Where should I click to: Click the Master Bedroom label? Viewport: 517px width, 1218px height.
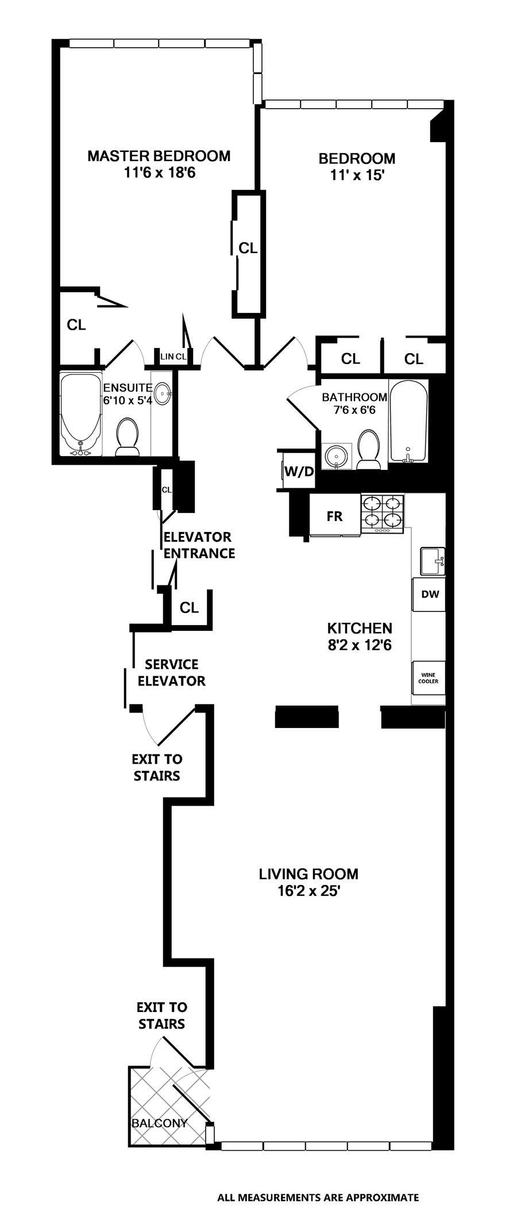coord(159,156)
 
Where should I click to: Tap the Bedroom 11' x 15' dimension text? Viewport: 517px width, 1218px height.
coord(357,175)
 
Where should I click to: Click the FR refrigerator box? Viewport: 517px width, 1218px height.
coord(335,516)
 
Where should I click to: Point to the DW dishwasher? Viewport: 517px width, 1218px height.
coord(430,595)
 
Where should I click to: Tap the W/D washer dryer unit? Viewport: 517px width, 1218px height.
coord(299,472)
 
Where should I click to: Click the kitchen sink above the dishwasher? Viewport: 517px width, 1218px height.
coord(432,561)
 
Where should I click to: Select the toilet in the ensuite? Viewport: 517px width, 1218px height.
coord(128,438)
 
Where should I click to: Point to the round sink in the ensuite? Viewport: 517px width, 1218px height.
coord(163,395)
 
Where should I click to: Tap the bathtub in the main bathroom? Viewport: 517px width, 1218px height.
coord(408,421)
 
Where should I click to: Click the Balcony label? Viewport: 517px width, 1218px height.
coord(160,1123)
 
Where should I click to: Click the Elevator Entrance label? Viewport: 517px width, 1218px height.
coord(199,545)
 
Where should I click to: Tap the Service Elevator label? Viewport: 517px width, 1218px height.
coord(171,673)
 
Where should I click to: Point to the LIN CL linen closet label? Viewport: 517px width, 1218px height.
coord(173,357)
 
